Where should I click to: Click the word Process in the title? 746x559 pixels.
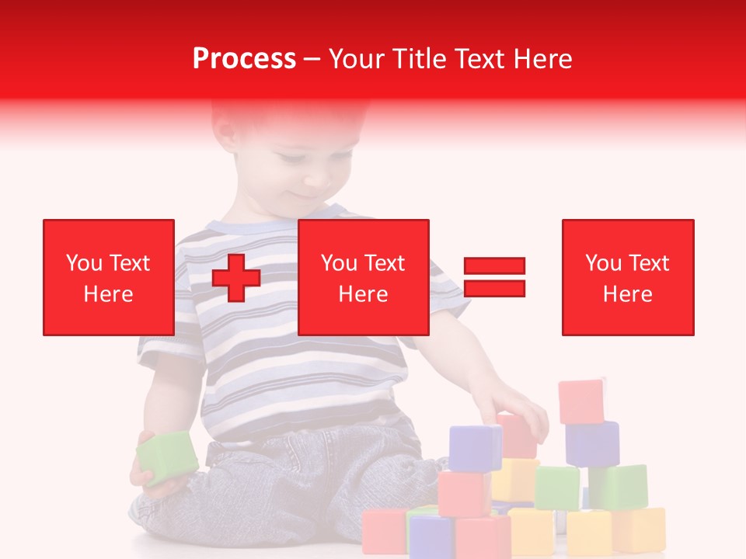point(244,59)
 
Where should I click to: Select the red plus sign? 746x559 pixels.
point(236,277)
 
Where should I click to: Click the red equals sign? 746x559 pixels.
point(494,277)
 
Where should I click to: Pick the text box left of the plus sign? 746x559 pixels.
point(109,277)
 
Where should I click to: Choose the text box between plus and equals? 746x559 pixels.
point(363,277)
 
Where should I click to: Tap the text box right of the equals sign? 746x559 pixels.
point(628,277)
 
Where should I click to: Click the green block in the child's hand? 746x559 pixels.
point(167,457)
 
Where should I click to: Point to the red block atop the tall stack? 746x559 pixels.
point(580,401)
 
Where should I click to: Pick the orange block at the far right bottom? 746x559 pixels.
point(639,529)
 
